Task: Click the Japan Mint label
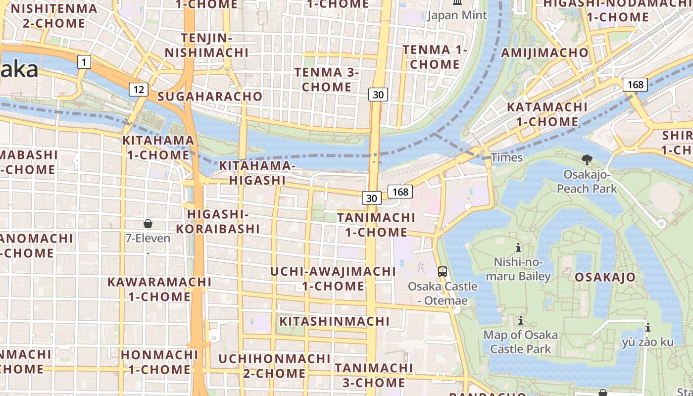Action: pyautogui.click(x=457, y=15)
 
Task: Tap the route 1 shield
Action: pyautogui.click(x=85, y=62)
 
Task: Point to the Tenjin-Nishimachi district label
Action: pyautogui.click(x=207, y=45)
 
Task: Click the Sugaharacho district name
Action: pyautogui.click(x=210, y=97)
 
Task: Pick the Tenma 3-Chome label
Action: pyautogui.click(x=327, y=80)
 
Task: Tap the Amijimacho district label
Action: pyautogui.click(x=545, y=53)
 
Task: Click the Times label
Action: pyautogui.click(x=507, y=157)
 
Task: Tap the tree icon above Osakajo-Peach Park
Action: pyautogui.click(x=587, y=159)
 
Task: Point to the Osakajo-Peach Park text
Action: pyautogui.click(x=587, y=181)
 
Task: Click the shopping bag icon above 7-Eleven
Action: pyautogui.click(x=148, y=224)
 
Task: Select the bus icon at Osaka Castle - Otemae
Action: pyautogui.click(x=443, y=271)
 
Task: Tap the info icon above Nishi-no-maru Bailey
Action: pyautogui.click(x=518, y=247)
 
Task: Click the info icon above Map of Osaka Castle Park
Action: pyautogui.click(x=520, y=320)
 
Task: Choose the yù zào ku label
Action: pyautogui.click(x=647, y=342)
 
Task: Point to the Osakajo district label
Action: pyautogui.click(x=605, y=277)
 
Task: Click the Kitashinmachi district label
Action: pyautogui.click(x=335, y=321)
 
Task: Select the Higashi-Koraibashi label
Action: pyautogui.click(x=218, y=221)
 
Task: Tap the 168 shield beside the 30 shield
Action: pyautogui.click(x=400, y=191)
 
